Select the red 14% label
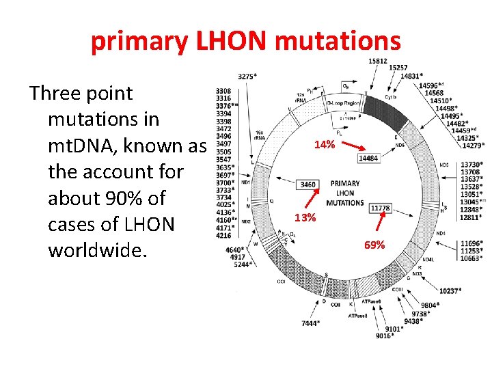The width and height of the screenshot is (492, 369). coord(324,145)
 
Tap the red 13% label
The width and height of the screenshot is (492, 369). coord(305,218)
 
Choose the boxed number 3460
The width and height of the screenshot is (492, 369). coord(308,184)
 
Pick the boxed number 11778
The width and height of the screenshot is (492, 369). coord(380,208)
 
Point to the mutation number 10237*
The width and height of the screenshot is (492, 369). coord(452,290)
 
